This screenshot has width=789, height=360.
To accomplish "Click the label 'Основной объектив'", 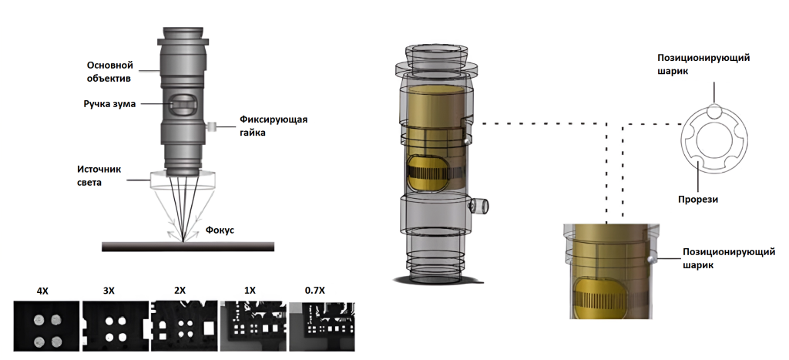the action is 109,72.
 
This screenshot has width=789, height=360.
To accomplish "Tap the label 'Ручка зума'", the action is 109,104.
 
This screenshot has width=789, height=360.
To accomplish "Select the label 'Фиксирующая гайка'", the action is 274,126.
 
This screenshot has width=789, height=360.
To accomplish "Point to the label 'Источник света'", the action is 99,176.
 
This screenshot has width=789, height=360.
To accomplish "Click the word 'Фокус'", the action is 220,230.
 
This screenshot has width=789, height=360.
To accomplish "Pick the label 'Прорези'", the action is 698,200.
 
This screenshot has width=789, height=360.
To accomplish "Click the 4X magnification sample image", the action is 46,326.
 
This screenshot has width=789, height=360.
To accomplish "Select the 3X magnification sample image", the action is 116,326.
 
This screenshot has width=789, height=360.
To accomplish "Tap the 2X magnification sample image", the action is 184,326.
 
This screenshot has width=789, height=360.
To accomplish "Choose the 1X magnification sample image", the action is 253,326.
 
